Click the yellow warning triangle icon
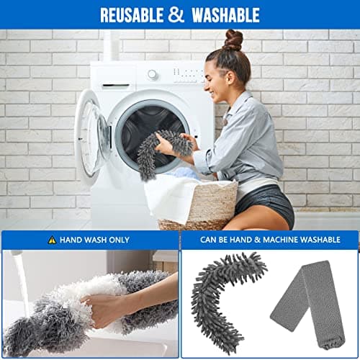[52, 240]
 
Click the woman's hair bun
[233, 39]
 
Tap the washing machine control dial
[153, 74]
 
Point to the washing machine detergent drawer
[116, 74]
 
